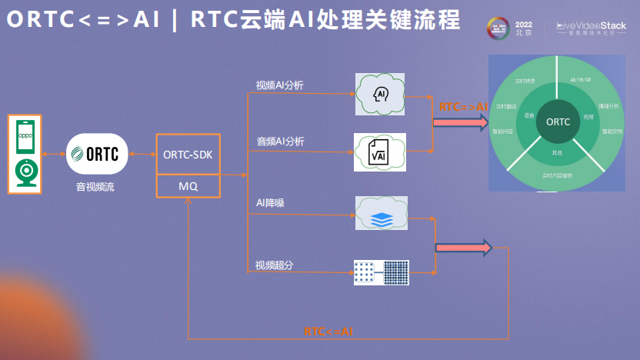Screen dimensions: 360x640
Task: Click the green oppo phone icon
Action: (x=26, y=136)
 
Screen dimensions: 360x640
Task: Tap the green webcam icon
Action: (x=26, y=172)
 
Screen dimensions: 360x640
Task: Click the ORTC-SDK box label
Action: (x=188, y=155)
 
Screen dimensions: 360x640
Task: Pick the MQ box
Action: (x=188, y=186)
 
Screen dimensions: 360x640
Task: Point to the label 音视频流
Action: (x=95, y=186)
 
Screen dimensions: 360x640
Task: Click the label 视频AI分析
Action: (x=280, y=85)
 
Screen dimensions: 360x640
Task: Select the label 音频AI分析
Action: (x=280, y=142)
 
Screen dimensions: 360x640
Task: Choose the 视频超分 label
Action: (x=275, y=265)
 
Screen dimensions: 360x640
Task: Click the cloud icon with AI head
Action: (x=381, y=93)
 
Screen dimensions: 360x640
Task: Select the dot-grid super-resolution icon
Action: (x=382, y=272)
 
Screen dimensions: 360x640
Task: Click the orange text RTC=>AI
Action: (x=463, y=107)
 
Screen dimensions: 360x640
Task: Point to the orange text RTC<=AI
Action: (x=328, y=332)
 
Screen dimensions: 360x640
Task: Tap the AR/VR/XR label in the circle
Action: (x=581, y=79)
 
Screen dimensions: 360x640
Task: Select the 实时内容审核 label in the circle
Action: (x=557, y=176)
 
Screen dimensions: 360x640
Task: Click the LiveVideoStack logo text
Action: (x=591, y=26)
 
